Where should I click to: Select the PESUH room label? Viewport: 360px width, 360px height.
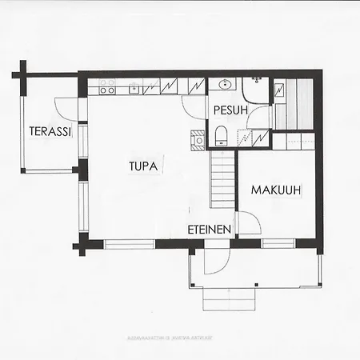tap(230, 110)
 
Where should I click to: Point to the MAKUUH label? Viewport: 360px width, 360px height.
tap(276, 190)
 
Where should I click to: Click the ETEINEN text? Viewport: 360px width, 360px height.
tap(210, 230)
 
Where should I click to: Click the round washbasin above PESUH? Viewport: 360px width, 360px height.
tap(224, 85)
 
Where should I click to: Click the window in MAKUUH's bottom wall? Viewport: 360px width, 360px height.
tap(278, 242)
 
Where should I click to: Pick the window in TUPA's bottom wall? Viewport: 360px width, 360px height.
tap(129, 242)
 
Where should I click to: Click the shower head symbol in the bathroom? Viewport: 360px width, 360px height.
tap(258, 80)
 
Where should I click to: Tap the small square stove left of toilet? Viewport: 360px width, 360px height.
tap(197, 141)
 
